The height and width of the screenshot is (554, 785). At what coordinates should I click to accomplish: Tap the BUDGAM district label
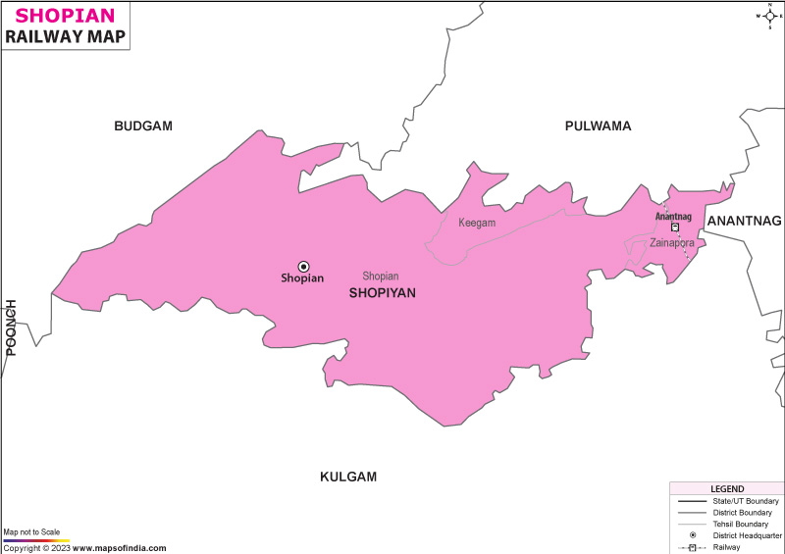143,126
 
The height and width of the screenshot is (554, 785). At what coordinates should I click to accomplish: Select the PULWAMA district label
598,126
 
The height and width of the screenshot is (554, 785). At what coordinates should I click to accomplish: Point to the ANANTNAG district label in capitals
744,221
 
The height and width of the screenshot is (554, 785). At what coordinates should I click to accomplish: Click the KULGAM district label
348,477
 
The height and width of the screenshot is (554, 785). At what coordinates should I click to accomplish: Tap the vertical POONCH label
12,327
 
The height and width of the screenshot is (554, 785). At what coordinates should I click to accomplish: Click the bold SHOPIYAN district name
383,292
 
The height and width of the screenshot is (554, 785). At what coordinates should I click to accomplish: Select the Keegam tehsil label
477,223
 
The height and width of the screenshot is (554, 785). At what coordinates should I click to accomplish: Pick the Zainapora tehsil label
672,242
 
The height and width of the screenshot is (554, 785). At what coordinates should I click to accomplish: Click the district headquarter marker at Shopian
303,266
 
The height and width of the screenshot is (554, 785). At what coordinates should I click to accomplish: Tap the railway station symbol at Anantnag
675,227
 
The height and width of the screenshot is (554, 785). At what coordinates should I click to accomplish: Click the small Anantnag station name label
673,217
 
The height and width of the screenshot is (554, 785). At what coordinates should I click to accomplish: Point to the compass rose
768,16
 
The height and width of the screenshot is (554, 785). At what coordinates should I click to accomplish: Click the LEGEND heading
727,488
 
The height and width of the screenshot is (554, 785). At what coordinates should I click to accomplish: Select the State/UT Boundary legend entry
746,501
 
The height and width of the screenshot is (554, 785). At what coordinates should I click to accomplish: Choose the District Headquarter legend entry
748,535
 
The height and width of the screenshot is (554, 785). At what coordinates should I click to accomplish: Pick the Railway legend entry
726,547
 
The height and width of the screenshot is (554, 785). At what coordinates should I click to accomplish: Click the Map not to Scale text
31,531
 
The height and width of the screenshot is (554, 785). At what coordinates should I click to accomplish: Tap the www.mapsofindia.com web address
119,548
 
